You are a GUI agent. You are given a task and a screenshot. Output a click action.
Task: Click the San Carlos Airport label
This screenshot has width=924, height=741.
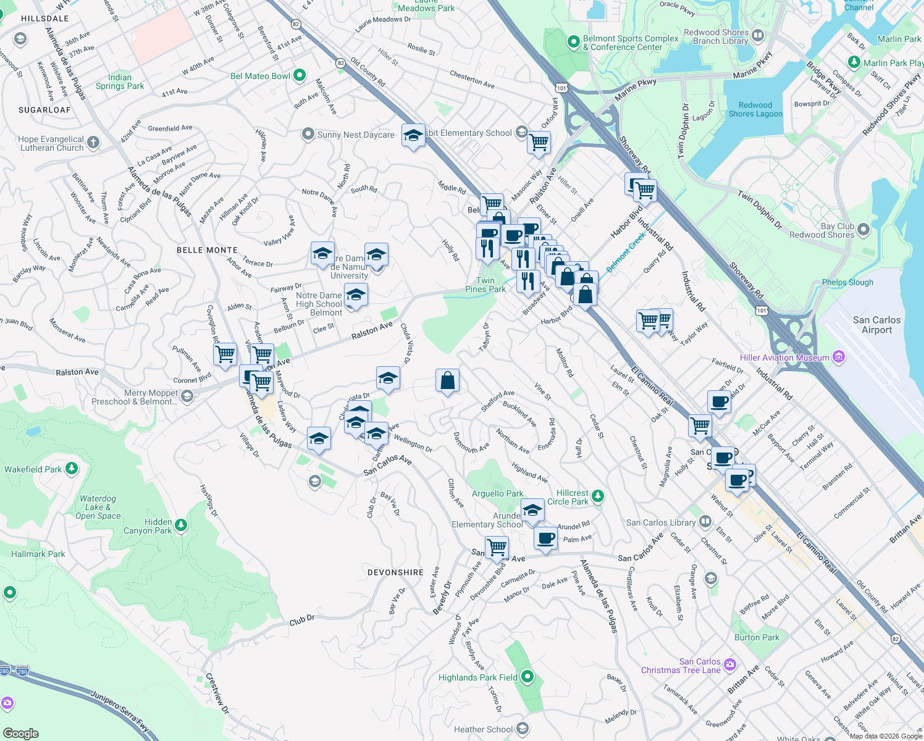click(x=876, y=325)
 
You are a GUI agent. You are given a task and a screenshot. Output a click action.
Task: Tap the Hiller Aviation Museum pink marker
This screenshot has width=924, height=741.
click(x=838, y=357)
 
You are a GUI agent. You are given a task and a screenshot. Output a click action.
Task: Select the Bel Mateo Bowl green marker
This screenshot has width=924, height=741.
click(x=300, y=75)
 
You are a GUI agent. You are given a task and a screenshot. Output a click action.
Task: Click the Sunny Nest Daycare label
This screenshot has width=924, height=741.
click(x=355, y=135)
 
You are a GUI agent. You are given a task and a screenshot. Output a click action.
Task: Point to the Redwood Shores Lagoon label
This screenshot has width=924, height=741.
click(x=755, y=110)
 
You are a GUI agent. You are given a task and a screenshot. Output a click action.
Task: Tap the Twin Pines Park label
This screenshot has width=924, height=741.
click(x=485, y=285)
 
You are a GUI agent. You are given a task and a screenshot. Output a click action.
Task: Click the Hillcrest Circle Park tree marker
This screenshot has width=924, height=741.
click(x=597, y=496)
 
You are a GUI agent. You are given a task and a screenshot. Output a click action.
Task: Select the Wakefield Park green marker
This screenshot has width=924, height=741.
click(x=72, y=469)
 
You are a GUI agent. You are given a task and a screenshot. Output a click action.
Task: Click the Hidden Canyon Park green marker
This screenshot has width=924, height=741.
click(x=181, y=525)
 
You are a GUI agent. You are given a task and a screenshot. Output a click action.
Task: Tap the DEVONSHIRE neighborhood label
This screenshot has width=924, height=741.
click(x=395, y=572)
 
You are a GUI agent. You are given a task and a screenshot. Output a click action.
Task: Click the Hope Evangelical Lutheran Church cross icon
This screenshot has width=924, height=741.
click(x=93, y=143)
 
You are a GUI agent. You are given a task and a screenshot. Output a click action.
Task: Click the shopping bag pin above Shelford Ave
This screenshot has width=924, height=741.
click(x=447, y=381)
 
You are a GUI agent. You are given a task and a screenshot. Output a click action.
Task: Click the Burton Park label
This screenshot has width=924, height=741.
click(x=757, y=637)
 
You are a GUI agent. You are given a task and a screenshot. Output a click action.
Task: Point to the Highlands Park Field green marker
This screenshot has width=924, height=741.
click(x=527, y=677)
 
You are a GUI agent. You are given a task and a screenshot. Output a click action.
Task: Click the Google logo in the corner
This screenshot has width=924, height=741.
click(x=20, y=733)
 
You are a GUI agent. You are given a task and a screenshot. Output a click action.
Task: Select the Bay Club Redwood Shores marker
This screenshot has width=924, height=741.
click(x=863, y=230)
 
